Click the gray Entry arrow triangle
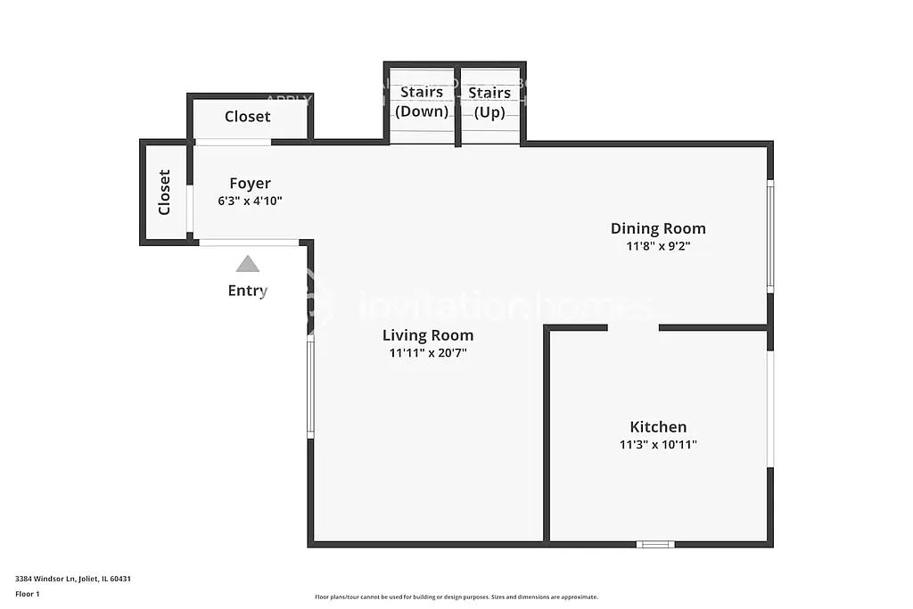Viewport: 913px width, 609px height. [247, 264]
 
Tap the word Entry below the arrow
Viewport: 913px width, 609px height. [247, 291]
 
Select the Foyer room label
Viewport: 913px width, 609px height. [250, 184]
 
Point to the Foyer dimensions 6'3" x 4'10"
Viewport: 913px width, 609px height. [250, 201]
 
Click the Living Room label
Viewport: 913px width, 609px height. [428, 335]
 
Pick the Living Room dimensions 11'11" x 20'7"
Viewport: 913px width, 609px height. [428, 353]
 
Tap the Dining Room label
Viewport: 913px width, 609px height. [658, 228]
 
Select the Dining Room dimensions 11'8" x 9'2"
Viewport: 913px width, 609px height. [658, 246]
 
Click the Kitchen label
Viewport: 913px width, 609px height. [658, 427]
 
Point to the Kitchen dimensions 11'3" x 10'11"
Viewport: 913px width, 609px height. [658, 444]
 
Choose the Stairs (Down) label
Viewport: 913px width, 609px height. [422, 102]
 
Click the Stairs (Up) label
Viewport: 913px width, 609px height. [489, 102]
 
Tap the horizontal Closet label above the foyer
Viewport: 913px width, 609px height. [247, 117]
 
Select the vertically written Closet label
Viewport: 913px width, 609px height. [164, 193]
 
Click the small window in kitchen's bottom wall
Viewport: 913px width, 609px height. [655, 544]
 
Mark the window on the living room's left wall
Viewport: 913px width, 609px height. [310, 389]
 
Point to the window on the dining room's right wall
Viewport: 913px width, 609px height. [770, 236]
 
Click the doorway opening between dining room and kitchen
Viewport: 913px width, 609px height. [633, 328]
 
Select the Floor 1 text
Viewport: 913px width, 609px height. [28, 594]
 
